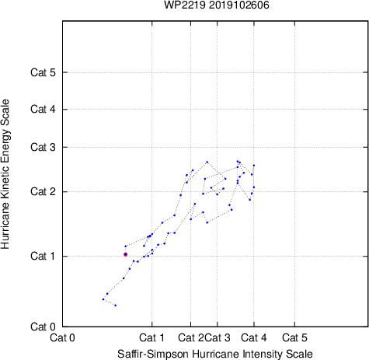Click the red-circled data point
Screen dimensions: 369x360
[x=126, y=254]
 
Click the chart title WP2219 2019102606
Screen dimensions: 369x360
[x=217, y=5]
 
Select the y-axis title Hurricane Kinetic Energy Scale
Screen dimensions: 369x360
[x=5, y=174]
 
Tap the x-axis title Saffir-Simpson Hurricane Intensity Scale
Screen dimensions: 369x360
[x=215, y=354]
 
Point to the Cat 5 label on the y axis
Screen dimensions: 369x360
[x=43, y=72]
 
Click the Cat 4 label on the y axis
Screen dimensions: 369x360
[x=43, y=109]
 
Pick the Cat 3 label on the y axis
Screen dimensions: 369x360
[x=43, y=147]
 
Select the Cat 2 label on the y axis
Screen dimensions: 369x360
[x=43, y=192]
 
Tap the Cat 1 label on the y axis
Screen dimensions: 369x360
[x=43, y=256]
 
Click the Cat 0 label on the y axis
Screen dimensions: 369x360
[x=43, y=327]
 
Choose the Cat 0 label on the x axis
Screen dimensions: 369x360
[x=62, y=337]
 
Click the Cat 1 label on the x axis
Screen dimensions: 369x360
[x=151, y=337]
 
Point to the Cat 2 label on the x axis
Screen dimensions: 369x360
[x=191, y=337]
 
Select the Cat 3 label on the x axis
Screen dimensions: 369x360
[x=218, y=337]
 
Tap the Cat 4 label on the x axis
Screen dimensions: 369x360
[x=254, y=337]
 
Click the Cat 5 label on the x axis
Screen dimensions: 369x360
[x=294, y=337]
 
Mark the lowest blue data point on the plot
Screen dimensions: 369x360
[x=116, y=306]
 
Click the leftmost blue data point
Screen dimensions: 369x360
[x=103, y=299]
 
